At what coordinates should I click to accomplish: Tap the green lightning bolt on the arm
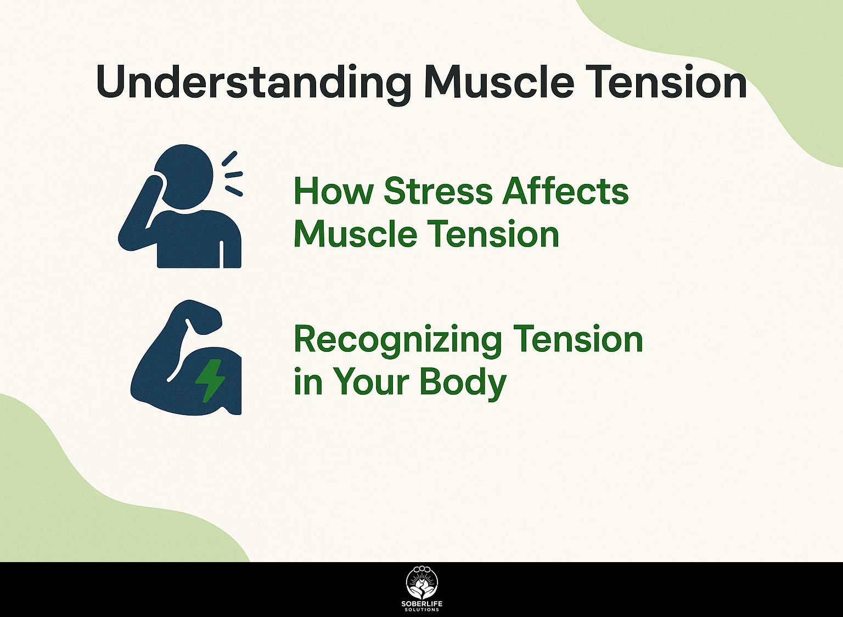click(211, 380)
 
